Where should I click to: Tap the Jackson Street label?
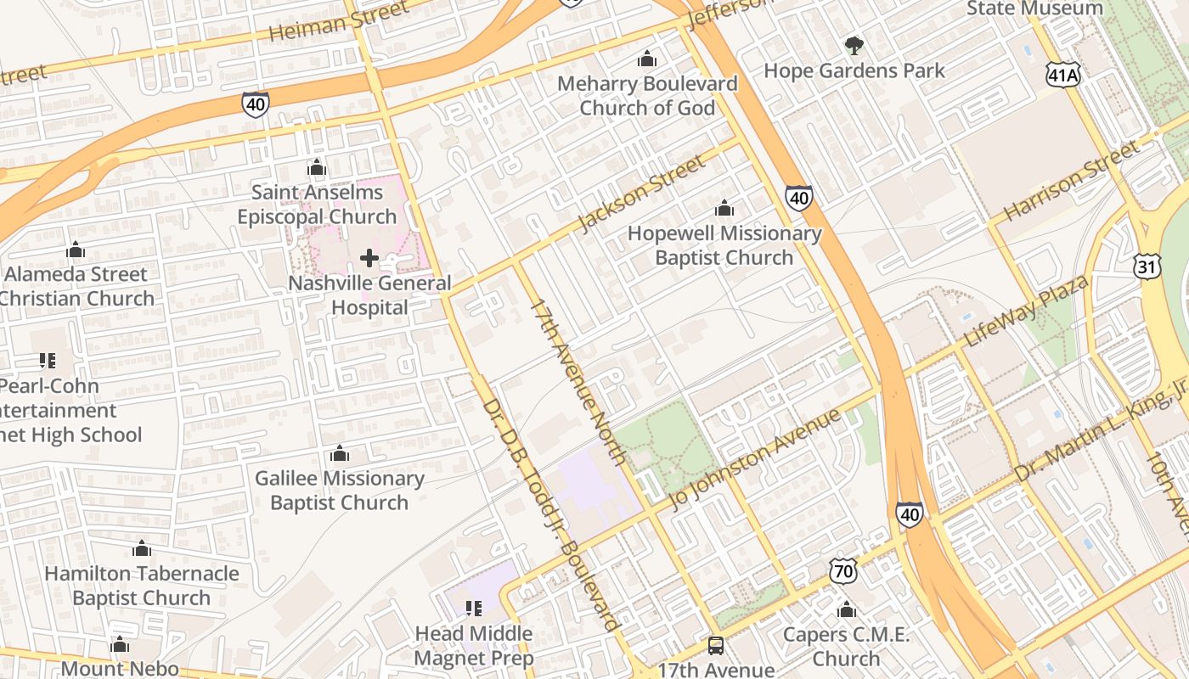tap(640, 194)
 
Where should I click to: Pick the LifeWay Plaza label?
tap(1026, 311)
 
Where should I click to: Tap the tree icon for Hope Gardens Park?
tap(854, 46)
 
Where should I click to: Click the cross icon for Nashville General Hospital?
tap(369, 258)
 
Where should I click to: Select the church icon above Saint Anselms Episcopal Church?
tap(317, 168)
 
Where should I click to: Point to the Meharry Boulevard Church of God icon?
tap(647, 59)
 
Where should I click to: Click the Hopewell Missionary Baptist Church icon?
tap(724, 208)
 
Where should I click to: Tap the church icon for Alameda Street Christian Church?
tap(76, 250)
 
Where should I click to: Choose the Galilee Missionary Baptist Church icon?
tap(340, 454)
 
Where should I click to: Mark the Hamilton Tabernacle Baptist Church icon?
tap(142, 549)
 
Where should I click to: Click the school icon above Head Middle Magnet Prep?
tap(474, 609)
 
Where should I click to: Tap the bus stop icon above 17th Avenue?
tap(716, 646)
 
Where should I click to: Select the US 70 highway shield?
tap(842, 572)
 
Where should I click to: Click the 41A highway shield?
tap(1062, 75)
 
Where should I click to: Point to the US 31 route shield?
tap(1146, 266)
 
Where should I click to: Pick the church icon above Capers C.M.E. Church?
tap(846, 610)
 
